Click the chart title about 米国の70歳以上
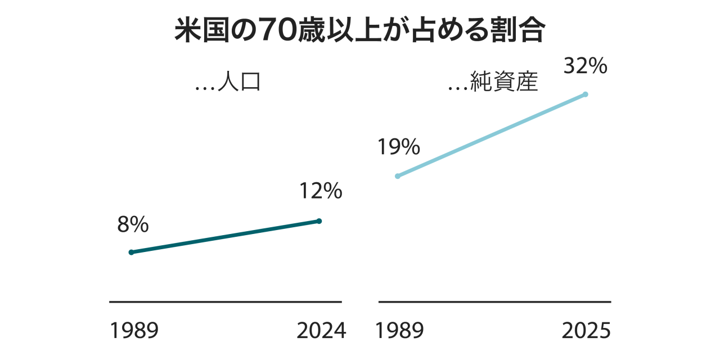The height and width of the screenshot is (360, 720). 359,31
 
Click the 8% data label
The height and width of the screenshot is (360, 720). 133,225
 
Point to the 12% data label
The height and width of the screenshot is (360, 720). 321,192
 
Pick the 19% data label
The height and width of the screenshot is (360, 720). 398,147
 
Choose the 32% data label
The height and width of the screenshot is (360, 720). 586,66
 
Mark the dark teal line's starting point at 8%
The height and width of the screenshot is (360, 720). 132,252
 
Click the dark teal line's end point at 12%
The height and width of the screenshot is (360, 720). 319,221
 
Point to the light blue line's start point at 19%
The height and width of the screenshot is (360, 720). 398,176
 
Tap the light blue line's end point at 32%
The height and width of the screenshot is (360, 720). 586,94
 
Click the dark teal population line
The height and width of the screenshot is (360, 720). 225,237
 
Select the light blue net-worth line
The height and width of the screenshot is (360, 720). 492,135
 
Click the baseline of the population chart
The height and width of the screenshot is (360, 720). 225,302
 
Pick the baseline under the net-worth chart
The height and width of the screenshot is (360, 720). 494,302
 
